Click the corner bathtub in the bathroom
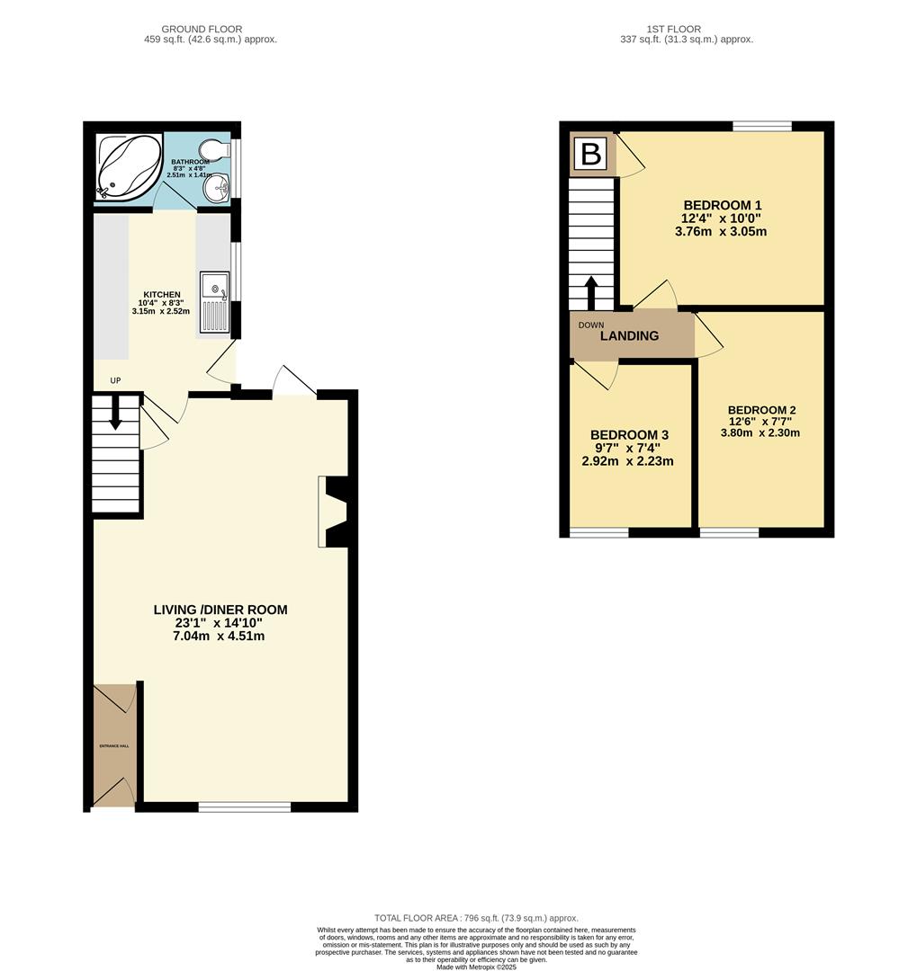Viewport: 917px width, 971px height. pyautogui.click(x=129, y=168)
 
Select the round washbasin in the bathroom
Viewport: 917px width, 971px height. pyautogui.click(x=216, y=188)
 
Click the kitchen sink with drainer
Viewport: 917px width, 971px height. pyautogui.click(x=214, y=302)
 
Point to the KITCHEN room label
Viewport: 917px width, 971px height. pyautogui.click(x=162, y=295)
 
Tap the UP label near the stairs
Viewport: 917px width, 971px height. pyautogui.click(x=115, y=380)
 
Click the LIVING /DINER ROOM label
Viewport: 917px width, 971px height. pyautogui.click(x=220, y=610)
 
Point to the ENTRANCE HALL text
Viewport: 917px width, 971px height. pyautogui.click(x=114, y=746)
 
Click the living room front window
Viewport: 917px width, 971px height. pyautogui.click(x=244, y=807)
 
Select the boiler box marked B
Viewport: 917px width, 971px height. pyautogui.click(x=591, y=154)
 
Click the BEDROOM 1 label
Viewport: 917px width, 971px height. pyautogui.click(x=721, y=204)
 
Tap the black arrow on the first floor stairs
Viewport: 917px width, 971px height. pyautogui.click(x=591, y=292)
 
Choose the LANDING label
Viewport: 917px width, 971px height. pyautogui.click(x=629, y=336)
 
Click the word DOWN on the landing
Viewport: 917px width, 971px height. pyautogui.click(x=591, y=325)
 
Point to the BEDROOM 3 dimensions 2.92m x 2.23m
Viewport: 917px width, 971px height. pyautogui.click(x=627, y=461)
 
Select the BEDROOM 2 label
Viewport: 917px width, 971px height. pyautogui.click(x=761, y=410)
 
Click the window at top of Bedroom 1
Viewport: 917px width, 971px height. pyautogui.click(x=762, y=126)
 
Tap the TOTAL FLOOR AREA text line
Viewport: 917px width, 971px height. pyautogui.click(x=476, y=918)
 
